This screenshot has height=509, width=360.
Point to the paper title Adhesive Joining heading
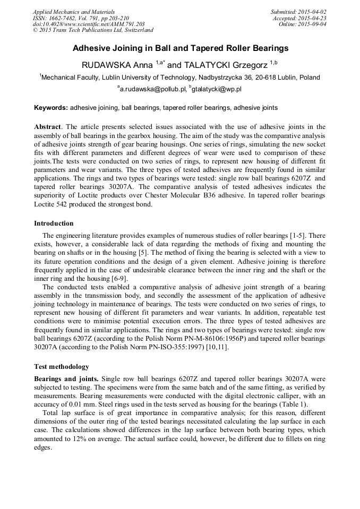click(180, 48)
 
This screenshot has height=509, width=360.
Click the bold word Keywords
click(51, 108)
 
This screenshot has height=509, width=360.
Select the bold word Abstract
click(48, 127)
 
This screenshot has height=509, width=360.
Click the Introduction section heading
click(54, 223)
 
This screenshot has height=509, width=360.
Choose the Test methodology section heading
click(62, 367)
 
